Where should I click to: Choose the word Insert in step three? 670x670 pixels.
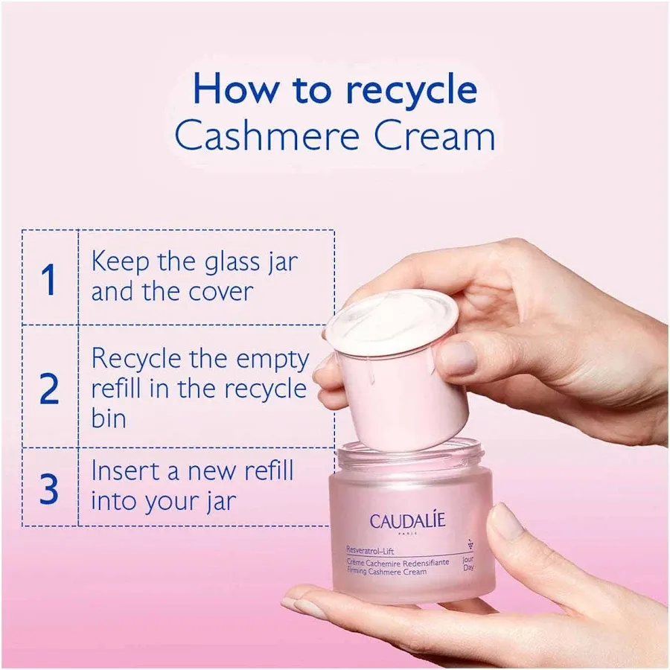point(121,472)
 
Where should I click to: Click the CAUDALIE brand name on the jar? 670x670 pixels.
point(406,520)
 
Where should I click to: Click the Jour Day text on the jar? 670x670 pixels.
point(468,564)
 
